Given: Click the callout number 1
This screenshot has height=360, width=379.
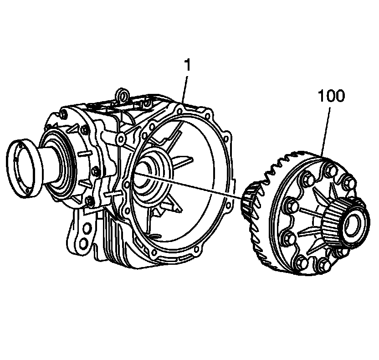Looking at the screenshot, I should (187, 65).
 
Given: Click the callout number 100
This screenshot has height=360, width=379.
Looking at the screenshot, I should (331, 97).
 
